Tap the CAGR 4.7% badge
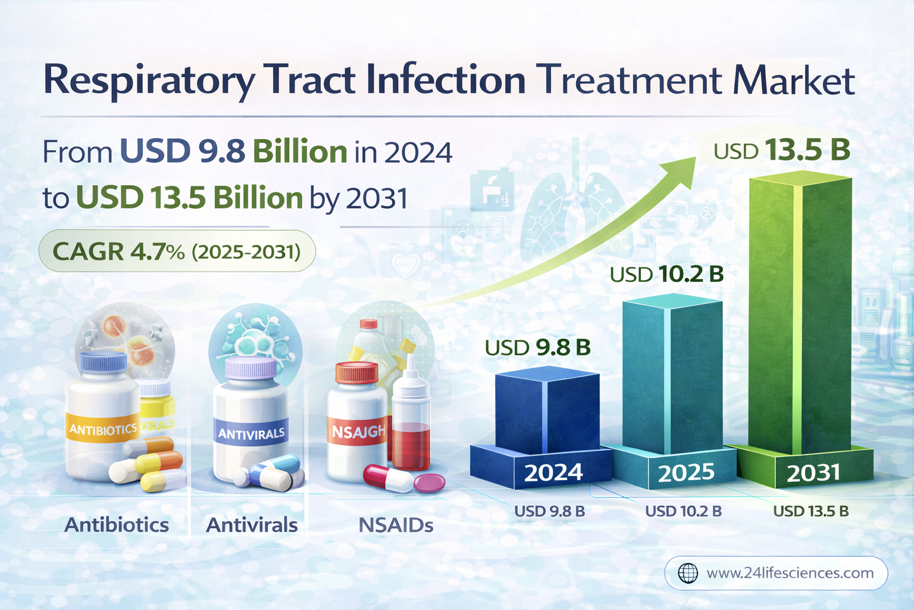coord(177,251)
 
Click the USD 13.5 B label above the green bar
coord(782,150)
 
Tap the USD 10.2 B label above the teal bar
coord(666,274)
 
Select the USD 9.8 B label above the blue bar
coord(537,347)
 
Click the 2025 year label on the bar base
coord(685,472)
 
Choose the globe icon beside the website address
coord(688,573)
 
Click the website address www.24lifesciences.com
coord(790,573)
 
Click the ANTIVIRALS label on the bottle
coord(251,434)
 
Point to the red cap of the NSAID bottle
coord(356,372)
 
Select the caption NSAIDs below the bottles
coord(396,525)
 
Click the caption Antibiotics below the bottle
coord(117,525)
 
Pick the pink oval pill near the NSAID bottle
coord(429,482)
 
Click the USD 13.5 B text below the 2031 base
coord(810,511)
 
